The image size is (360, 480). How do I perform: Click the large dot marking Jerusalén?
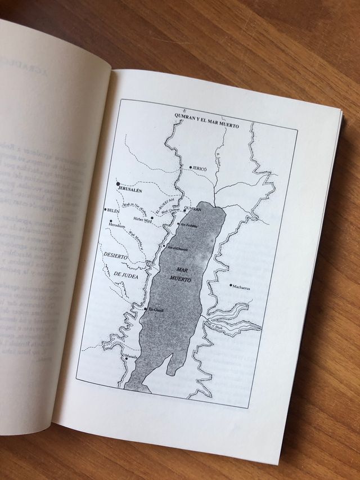[118, 184]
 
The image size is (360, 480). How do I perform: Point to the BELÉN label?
[114, 210]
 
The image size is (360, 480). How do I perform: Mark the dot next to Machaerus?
[231, 285]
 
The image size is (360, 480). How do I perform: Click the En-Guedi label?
[155, 310]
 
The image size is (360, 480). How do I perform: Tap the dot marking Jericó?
[191, 168]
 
